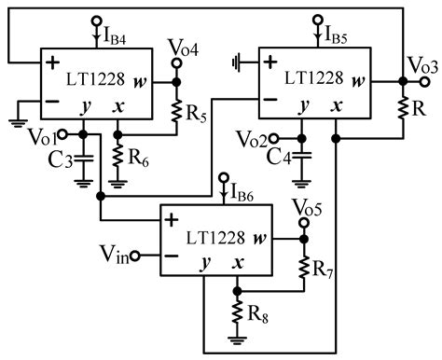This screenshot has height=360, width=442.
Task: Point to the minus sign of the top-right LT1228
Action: [x=269, y=98]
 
